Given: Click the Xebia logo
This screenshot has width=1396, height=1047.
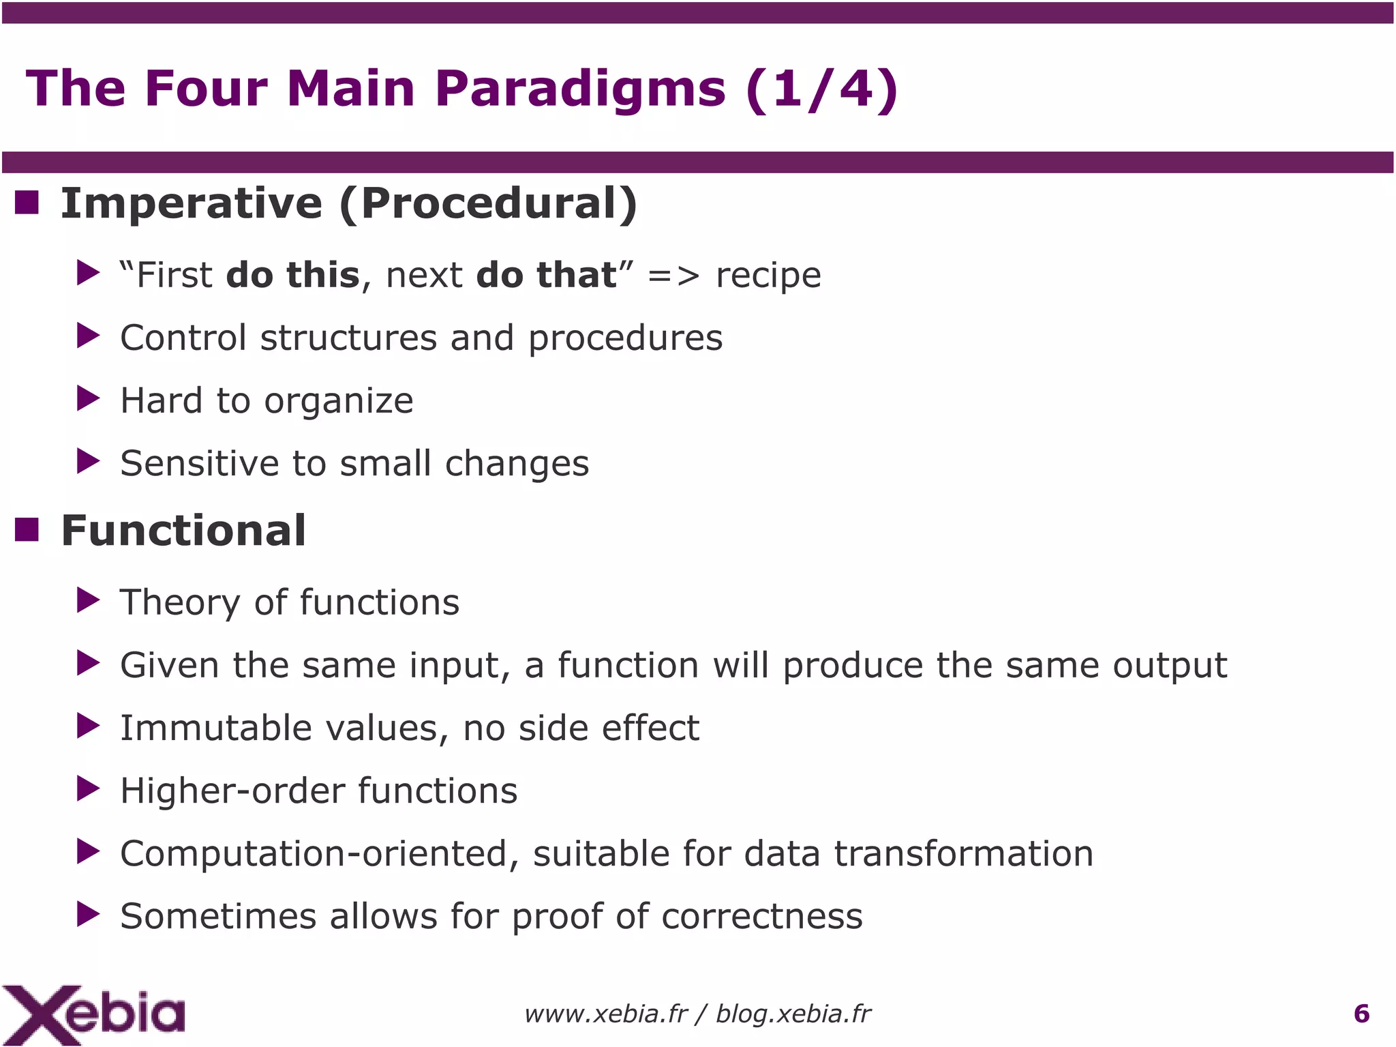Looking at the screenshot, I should (x=93, y=1014).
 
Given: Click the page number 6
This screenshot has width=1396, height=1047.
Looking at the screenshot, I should (x=1361, y=1014).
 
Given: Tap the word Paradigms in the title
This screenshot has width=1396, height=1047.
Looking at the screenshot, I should (x=580, y=89).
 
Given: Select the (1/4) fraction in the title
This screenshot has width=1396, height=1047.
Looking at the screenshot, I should (x=822, y=89).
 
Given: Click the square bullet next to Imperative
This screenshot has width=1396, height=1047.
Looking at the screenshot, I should (x=27, y=203).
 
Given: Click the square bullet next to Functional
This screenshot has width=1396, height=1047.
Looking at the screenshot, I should (x=27, y=529).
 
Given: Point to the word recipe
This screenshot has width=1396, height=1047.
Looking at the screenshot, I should (x=768, y=276).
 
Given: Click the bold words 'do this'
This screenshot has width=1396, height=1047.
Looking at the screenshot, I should (x=292, y=275).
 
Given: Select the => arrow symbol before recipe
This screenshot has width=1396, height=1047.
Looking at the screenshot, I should (x=673, y=276).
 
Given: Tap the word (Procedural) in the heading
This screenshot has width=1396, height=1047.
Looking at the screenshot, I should (x=488, y=203).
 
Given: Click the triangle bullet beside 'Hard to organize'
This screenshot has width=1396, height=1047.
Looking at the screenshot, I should (x=88, y=398).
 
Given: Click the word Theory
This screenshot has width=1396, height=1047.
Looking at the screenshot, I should (x=179, y=603).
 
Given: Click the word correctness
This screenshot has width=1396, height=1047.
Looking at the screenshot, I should (x=761, y=916).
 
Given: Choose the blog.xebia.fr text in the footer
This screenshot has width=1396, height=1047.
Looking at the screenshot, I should (x=793, y=1014).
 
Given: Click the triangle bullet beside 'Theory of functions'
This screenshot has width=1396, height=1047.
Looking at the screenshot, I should (x=88, y=600).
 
